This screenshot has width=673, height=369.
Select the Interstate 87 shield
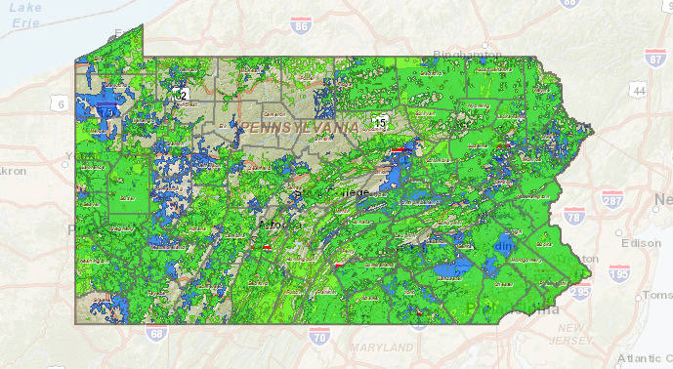click(654, 60)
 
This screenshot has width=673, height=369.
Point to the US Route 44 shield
click(639, 91)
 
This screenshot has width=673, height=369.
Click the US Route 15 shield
click(380, 121)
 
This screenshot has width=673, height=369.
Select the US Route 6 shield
click(61, 104)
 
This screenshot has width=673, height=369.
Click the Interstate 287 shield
click(612, 201)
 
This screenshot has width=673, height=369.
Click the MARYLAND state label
click(383, 347)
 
